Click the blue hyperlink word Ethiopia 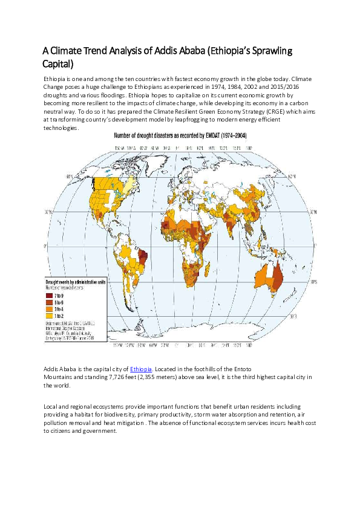140,368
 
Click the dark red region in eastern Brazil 143,258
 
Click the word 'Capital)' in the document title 57,63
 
